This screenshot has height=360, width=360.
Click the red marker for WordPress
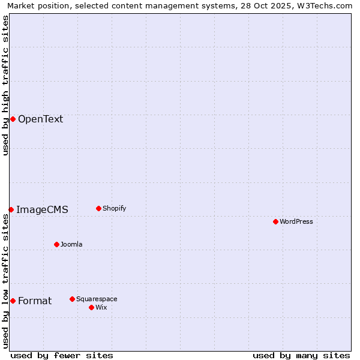point(275,221)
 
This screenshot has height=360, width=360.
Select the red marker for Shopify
point(98,208)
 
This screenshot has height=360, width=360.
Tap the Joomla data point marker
point(56,244)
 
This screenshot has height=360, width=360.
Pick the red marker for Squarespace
point(72,299)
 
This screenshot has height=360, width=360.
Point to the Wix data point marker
point(91,307)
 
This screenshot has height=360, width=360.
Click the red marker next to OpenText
point(13,119)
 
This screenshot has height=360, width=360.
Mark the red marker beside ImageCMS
point(11,209)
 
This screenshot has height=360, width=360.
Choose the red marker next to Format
point(13,301)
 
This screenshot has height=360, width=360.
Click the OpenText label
point(40,119)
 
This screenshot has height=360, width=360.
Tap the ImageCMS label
point(42,209)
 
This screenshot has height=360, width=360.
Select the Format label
point(35,301)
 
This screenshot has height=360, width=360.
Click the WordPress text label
point(296,221)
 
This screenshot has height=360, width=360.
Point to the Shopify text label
point(115,208)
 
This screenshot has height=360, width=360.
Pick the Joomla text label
point(71,244)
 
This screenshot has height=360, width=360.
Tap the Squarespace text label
point(97,299)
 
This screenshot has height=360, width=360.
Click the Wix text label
point(101,307)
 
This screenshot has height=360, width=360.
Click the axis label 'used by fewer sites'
point(62,355)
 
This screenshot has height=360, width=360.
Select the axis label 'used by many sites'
point(301,355)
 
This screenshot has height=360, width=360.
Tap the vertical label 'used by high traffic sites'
point(5,85)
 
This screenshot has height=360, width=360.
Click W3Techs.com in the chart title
point(326,5)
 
